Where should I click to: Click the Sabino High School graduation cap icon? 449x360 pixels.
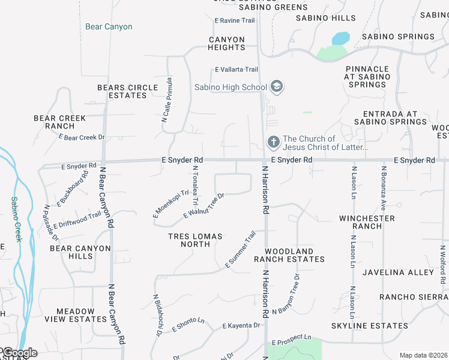point(276,87)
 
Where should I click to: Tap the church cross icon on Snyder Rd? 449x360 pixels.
point(273,142)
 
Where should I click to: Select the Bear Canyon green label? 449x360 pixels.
point(109,26)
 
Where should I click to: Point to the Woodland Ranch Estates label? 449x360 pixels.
point(289,255)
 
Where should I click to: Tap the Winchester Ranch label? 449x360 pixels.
point(367,222)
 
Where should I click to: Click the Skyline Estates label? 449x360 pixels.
point(370,326)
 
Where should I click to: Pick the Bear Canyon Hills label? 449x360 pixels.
point(80,252)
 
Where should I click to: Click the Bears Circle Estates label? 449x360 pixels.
point(127,91)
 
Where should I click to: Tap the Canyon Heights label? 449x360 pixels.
point(227,43)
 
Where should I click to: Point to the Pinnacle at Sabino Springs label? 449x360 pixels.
point(367,77)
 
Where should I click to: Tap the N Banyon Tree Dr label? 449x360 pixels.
point(285,294)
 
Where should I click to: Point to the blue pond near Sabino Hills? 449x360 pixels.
point(340,38)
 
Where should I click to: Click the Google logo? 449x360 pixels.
point(19,353)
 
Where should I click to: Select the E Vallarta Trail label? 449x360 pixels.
point(237,70)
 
